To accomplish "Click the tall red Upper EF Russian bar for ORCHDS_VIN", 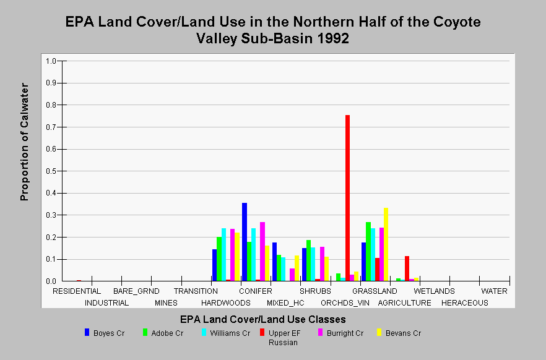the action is pos(347,198).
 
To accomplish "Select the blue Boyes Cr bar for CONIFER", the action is pos(245,242).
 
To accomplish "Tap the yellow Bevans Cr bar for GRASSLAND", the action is pos(386,244).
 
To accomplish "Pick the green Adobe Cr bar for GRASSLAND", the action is pos(368,252).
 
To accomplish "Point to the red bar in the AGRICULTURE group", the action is pos(407,268).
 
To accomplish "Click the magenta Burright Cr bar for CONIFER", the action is pos(262,252).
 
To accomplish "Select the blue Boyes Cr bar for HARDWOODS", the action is pos(214,265).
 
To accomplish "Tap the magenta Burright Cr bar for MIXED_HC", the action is pos(292,275).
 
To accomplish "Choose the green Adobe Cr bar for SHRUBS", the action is pos(308,260).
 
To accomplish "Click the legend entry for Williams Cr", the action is pos(225,333).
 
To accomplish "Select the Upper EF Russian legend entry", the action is pos(280,337).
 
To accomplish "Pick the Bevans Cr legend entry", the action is pos(399,333).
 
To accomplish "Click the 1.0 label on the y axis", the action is pos(51,61).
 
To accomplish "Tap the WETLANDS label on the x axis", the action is pos(434,291).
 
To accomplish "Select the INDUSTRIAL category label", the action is pos(107,303).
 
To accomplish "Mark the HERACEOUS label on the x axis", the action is pos(465,303).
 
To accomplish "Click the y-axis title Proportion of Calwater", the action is pos(24,142).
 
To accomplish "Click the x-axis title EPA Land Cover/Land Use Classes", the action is pos(263,319).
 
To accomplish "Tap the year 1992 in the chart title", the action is pos(333,38).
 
